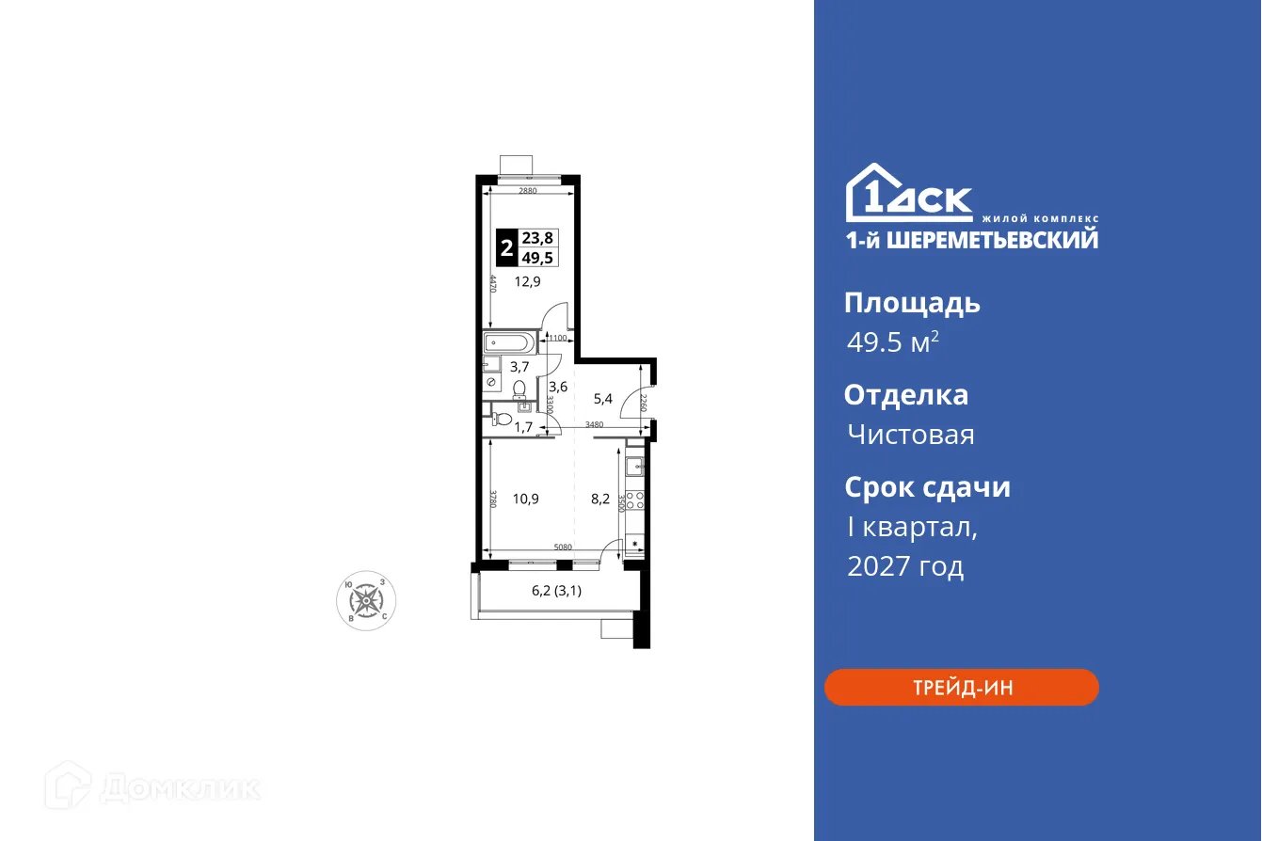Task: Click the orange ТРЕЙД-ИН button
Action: [961, 687]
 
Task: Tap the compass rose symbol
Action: [366, 600]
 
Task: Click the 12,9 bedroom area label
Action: [527, 280]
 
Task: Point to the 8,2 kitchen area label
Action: [600, 499]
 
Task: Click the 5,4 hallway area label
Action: [602, 398]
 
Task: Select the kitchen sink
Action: [635, 463]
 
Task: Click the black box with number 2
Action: [506, 248]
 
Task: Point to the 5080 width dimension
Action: [563, 547]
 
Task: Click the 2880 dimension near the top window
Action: [527, 191]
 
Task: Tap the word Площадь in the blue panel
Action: [912, 303]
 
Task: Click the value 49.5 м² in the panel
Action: [892, 342]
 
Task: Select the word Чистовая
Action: [910, 435]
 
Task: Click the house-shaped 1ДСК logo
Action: [909, 195]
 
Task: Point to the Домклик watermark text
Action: [179, 788]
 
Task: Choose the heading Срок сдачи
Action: [927, 487]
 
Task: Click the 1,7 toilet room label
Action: [524, 426]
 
